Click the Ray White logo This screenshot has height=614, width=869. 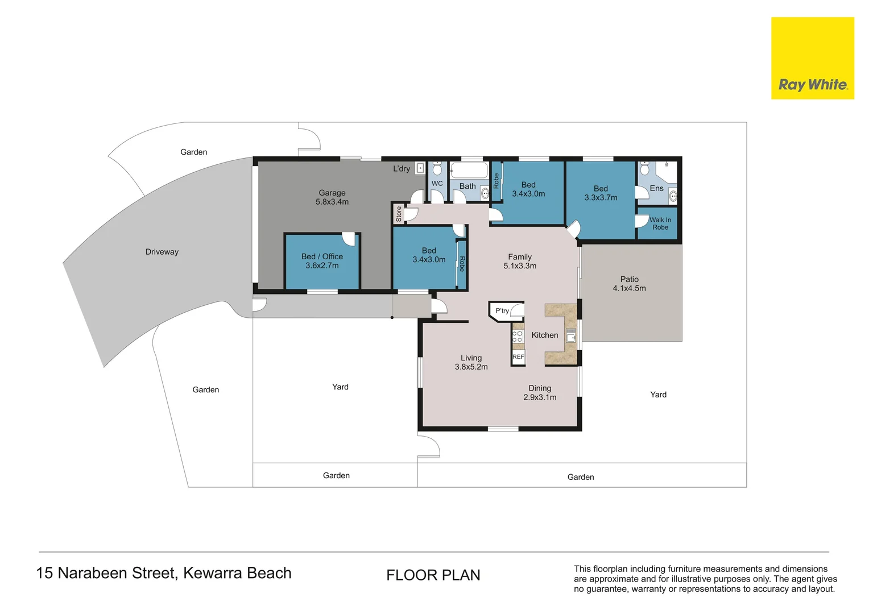[x=812, y=58]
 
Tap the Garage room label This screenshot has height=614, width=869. [x=332, y=193]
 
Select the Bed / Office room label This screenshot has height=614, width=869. [x=322, y=256]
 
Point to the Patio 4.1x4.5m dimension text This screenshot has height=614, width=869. [x=629, y=288]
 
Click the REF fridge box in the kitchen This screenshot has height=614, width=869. [x=518, y=357]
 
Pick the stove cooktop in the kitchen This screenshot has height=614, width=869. [x=518, y=337]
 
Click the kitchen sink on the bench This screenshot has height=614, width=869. [x=570, y=335]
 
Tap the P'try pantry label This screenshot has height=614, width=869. [x=502, y=310]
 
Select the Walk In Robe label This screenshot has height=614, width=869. [x=660, y=223]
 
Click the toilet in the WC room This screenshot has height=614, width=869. [x=437, y=169]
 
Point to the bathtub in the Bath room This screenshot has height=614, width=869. [x=469, y=171]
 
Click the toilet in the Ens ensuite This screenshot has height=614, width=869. [x=644, y=168]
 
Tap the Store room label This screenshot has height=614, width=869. [x=399, y=214]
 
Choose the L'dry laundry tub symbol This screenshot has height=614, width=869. [x=420, y=168]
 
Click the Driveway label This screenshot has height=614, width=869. [x=162, y=252]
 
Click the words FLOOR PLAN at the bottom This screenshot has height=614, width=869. [x=433, y=575]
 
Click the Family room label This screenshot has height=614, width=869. [x=519, y=257]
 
